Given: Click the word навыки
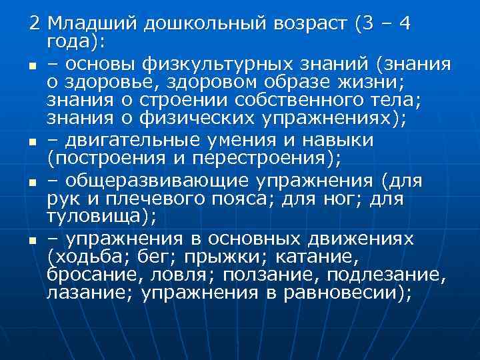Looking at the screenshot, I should tap(339, 141).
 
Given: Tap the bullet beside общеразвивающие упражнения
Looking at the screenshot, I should tap(31, 181).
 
